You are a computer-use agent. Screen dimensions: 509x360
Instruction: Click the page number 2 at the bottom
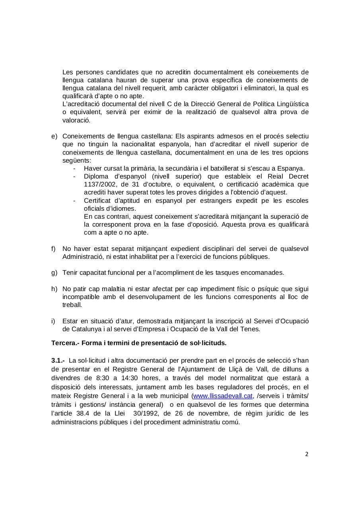tap(307, 454)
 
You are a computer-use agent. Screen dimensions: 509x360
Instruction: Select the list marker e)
tap(54, 136)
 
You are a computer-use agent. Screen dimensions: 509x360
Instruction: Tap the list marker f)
tap(54, 249)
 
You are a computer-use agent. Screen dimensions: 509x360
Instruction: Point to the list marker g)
tap(54, 273)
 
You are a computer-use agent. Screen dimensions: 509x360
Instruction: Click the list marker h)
tap(54, 289)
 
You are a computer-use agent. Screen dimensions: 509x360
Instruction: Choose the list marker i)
tap(53, 321)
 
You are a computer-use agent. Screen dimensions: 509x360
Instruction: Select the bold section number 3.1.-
tap(58, 361)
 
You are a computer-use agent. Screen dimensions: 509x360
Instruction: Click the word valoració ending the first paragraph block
tap(76, 120)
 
